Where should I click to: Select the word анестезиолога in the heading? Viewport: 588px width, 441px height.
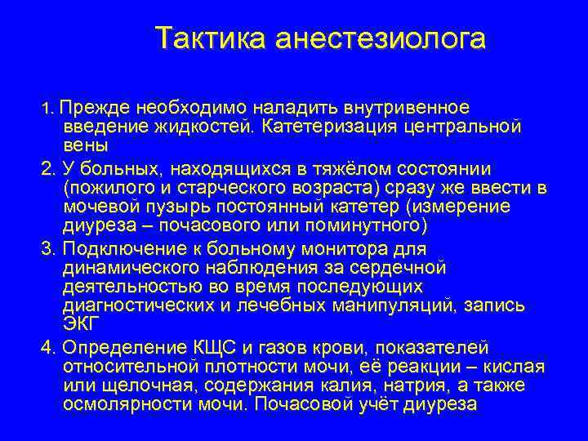(380, 38)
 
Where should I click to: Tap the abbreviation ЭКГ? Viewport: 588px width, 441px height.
(80, 323)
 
